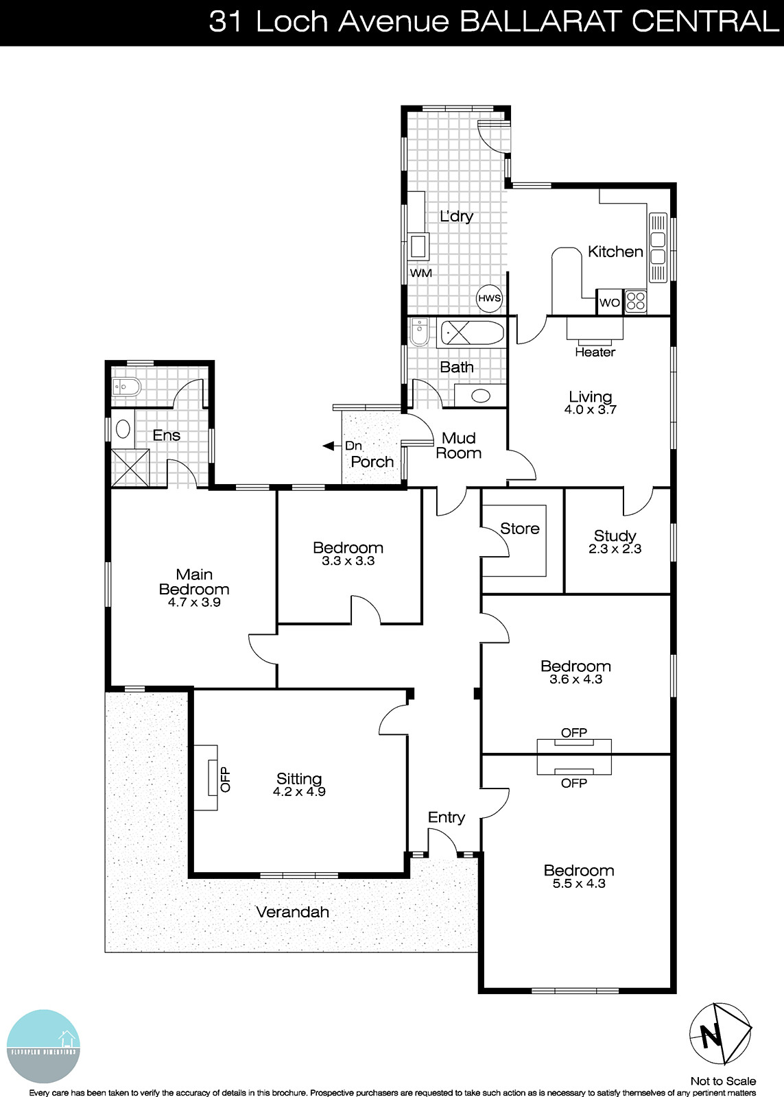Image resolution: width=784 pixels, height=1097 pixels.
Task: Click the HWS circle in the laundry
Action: [490, 298]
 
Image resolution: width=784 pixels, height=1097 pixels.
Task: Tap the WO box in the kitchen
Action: [610, 302]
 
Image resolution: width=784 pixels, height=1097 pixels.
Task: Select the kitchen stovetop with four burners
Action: [636, 302]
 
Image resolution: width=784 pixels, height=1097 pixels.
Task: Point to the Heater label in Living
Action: [595, 352]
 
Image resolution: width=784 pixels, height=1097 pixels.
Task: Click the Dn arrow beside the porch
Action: [329, 446]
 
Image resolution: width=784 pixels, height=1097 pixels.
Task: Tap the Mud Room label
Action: [459, 446]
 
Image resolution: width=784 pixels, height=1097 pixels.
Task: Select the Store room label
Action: [519, 529]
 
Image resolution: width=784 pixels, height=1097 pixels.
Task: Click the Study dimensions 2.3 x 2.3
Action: [615, 549]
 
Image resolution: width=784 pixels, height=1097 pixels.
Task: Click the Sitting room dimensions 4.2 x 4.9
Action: [298, 792]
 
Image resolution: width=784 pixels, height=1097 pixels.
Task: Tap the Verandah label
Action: [292, 913]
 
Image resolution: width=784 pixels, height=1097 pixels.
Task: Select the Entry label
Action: [446, 817]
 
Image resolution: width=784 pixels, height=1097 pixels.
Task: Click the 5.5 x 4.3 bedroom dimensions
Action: [579, 884]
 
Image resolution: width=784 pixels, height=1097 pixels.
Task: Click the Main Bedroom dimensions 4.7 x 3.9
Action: [194, 603]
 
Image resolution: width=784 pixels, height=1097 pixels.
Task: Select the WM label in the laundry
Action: [420, 274]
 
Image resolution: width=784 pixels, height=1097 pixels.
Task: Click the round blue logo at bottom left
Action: [45, 1049]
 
